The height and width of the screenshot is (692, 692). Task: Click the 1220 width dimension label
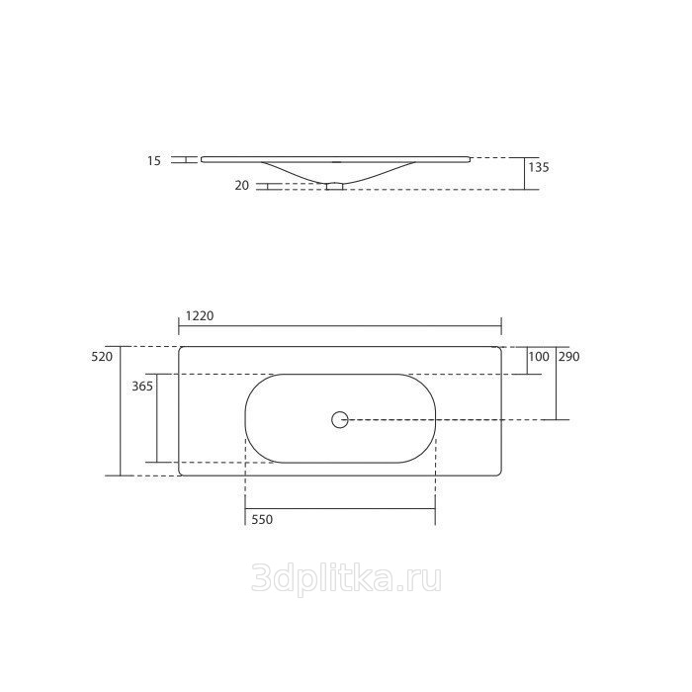click(x=200, y=316)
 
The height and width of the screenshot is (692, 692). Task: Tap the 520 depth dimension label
click(x=102, y=357)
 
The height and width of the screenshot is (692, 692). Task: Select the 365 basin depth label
click(x=142, y=387)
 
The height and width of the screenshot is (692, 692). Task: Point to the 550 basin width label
click(x=262, y=519)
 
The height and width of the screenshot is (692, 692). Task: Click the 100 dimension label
click(x=539, y=357)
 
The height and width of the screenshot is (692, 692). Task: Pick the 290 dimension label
click(x=568, y=357)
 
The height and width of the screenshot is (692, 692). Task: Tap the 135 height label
click(x=539, y=167)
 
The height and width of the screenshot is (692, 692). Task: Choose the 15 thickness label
click(x=154, y=161)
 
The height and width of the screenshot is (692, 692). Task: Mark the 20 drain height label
click(x=242, y=186)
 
